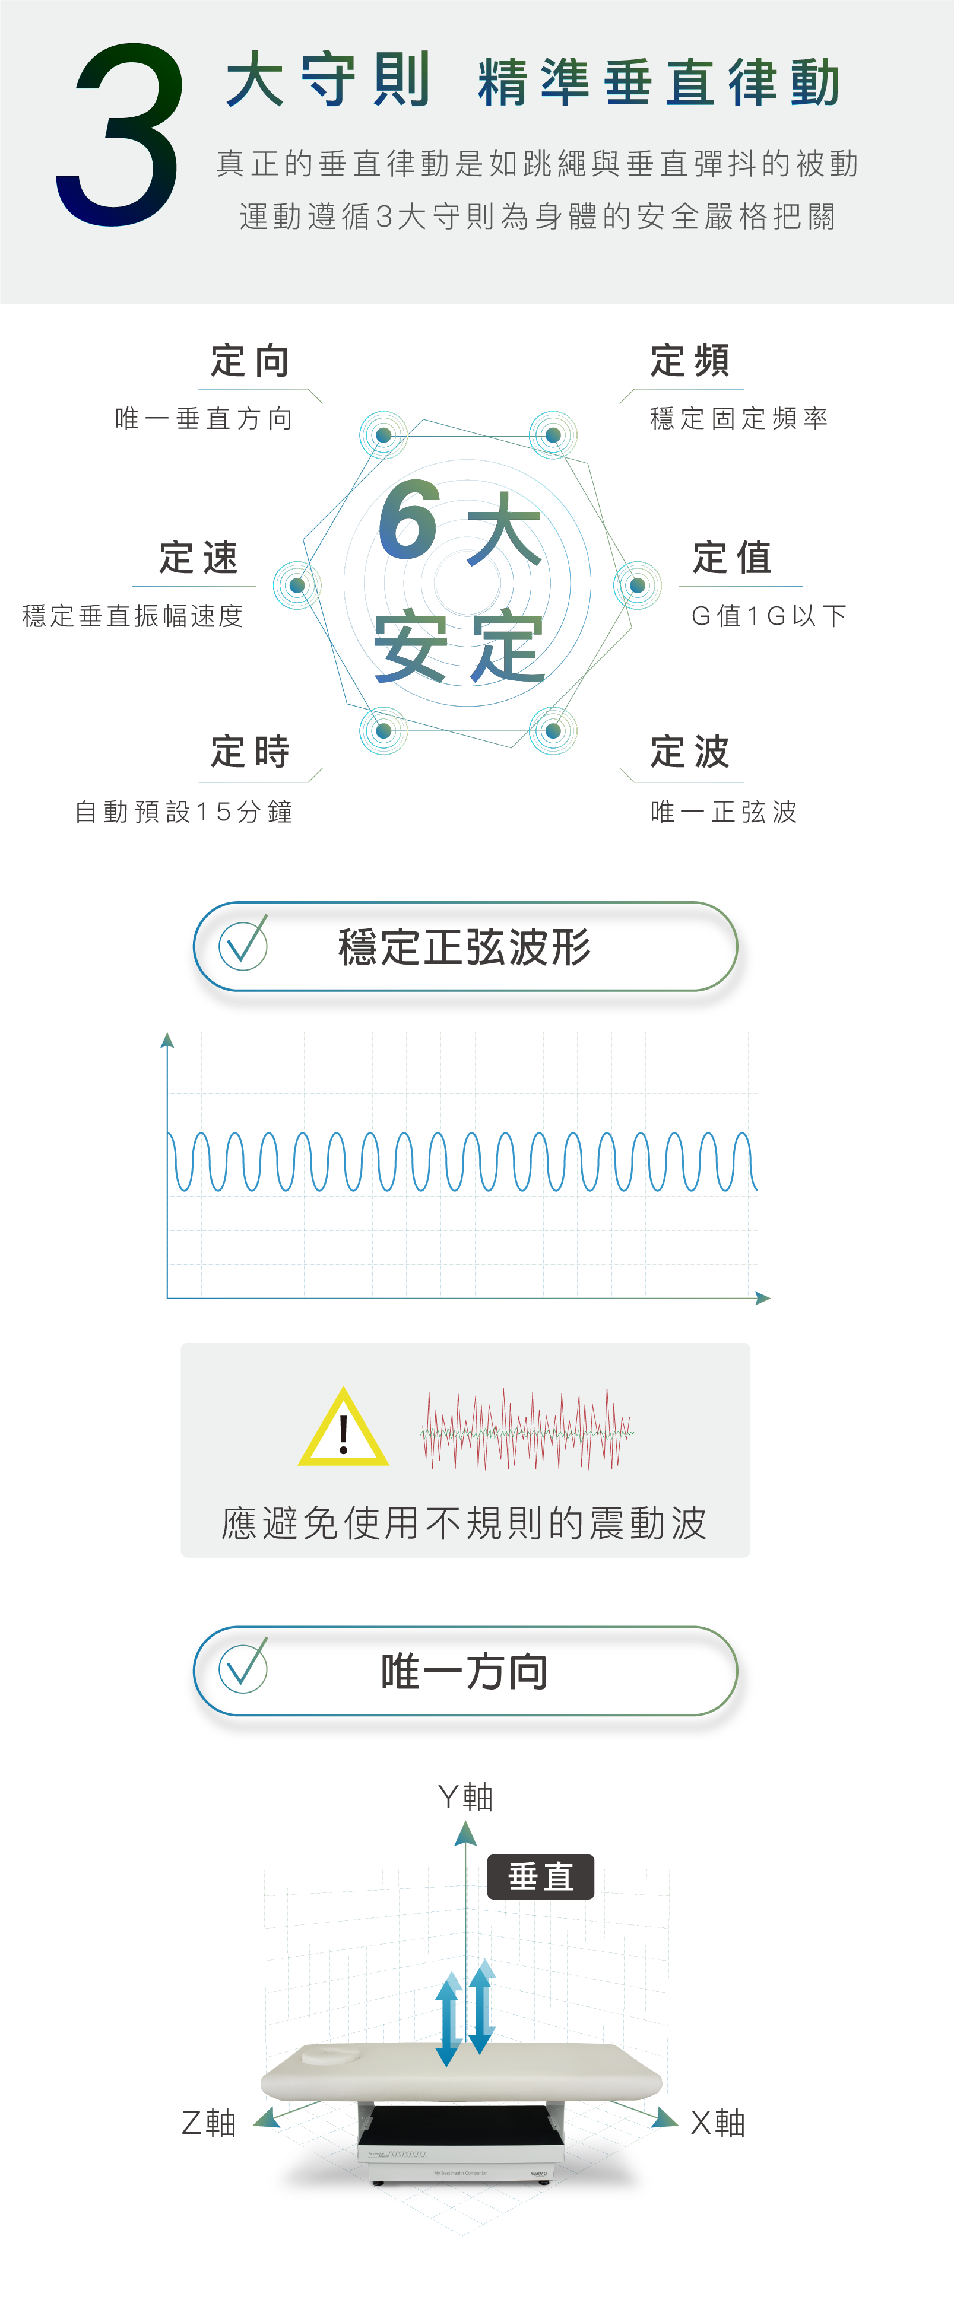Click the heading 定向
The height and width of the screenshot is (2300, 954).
click(x=250, y=362)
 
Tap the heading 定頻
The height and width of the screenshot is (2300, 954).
click(x=690, y=362)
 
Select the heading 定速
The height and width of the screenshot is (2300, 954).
click(x=198, y=558)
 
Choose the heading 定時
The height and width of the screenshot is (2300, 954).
click(x=250, y=752)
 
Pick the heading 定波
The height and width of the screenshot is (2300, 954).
click(x=690, y=752)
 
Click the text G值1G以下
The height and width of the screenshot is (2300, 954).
click(x=768, y=616)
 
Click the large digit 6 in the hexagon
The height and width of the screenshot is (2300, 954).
click(x=408, y=520)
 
